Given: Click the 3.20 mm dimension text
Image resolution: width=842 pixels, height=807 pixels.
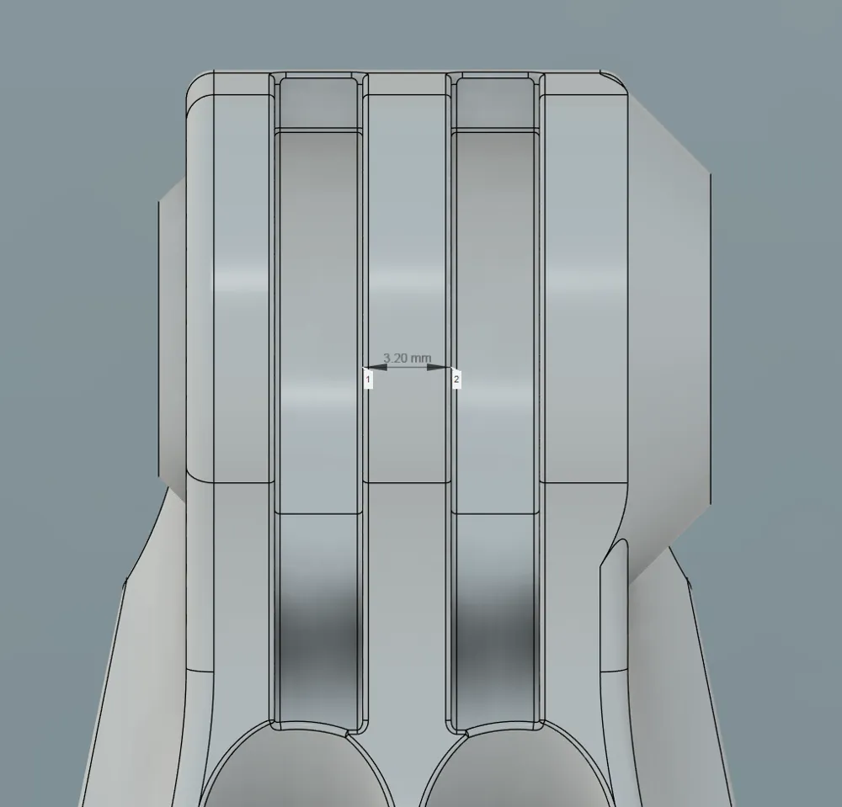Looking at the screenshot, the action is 407,358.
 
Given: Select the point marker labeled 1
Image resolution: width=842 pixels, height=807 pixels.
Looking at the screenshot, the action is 368,380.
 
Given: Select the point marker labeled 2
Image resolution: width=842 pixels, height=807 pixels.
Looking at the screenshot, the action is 456,380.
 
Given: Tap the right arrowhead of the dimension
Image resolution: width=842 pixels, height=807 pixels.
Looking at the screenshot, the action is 438,368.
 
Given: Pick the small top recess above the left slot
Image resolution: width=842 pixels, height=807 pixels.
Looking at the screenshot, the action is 318,103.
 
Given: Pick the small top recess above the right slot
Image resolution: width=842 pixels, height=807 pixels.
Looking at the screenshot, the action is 494,103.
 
